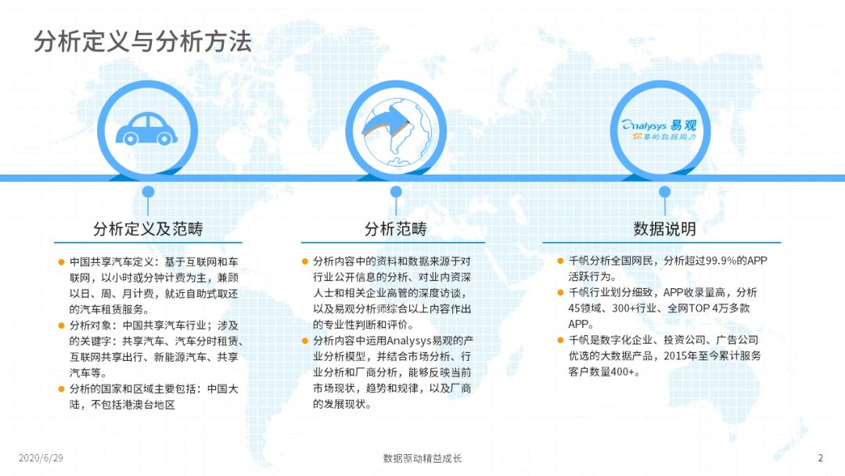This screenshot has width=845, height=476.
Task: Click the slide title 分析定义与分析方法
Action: [142, 41]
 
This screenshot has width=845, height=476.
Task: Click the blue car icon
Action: [146, 129]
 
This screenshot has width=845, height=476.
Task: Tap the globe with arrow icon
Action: [396, 131]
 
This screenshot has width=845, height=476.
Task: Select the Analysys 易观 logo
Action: [659, 130]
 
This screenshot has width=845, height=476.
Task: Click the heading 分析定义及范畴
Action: [148, 229]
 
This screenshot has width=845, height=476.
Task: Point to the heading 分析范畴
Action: [396, 229]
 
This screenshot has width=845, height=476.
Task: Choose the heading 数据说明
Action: [664, 229]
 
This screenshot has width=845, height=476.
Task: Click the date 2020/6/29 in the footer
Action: [41, 458]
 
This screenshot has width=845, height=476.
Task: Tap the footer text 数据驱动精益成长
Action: [422, 458]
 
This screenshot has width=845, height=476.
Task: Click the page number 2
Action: [820, 458]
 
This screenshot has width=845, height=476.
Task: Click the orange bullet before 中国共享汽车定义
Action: [62, 262]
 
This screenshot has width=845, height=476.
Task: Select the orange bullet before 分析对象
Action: [62, 326]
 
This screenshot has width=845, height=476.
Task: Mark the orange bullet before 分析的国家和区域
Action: [62, 389]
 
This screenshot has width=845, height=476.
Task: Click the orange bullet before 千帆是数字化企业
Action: [560, 340]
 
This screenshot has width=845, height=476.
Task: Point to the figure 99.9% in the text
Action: [721, 261]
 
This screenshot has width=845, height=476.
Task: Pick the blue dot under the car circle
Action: [148, 192]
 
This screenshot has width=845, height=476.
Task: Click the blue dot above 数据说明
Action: [664, 192]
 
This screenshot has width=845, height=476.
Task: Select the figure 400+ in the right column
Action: [623, 372]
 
